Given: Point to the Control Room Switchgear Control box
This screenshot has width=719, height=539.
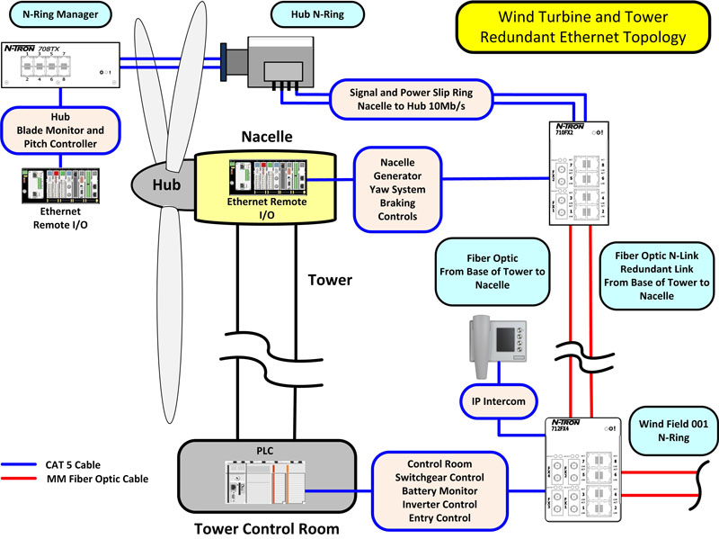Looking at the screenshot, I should [x=440, y=490].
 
